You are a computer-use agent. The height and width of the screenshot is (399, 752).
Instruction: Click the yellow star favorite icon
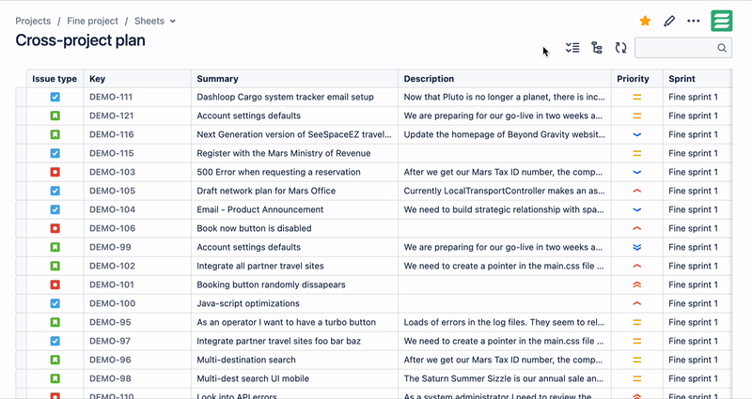[x=645, y=21]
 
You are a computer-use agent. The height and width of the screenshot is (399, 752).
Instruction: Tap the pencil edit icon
[x=669, y=21]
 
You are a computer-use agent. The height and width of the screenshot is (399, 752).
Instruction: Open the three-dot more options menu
[x=694, y=21]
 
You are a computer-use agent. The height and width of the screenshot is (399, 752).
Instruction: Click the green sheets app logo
[x=722, y=21]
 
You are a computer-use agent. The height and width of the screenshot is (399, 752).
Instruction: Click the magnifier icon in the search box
[x=722, y=48]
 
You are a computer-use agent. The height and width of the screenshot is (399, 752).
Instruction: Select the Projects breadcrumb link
[x=33, y=21]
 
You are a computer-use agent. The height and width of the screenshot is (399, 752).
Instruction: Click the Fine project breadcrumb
[x=93, y=21]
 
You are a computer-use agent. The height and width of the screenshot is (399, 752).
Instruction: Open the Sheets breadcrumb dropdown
[x=155, y=21]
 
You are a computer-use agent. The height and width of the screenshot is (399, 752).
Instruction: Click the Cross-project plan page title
[x=80, y=40]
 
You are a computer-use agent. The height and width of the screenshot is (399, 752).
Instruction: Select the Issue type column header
[x=55, y=79]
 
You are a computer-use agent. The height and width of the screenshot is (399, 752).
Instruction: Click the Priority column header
[x=633, y=79]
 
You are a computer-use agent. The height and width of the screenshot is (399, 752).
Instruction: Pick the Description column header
[x=431, y=79]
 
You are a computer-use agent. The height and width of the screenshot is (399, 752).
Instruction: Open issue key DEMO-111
[x=111, y=97]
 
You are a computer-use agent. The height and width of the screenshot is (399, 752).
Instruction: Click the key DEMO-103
[x=112, y=172]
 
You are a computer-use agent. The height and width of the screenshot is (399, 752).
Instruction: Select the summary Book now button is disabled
[x=254, y=228]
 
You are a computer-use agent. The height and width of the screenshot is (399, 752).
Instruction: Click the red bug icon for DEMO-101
[x=55, y=284]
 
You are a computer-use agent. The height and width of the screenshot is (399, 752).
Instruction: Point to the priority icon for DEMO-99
[x=636, y=247]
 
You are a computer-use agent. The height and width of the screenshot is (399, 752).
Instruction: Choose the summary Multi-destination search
[x=245, y=360]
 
